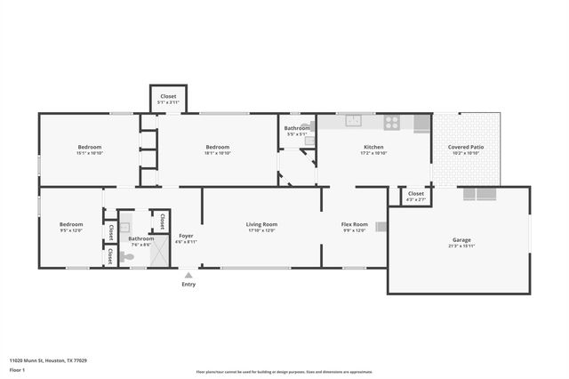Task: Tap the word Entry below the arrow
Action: (188, 285)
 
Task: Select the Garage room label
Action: (461, 239)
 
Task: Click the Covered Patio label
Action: (465, 147)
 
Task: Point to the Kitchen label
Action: (373, 147)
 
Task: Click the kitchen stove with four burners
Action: (391, 122)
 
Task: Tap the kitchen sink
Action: (354, 121)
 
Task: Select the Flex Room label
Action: (355, 224)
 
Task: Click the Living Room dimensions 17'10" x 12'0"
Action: (262, 230)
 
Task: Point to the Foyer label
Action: (186, 236)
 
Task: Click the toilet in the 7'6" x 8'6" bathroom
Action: (128, 256)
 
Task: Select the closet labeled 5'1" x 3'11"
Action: (168, 99)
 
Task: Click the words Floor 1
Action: (18, 369)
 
